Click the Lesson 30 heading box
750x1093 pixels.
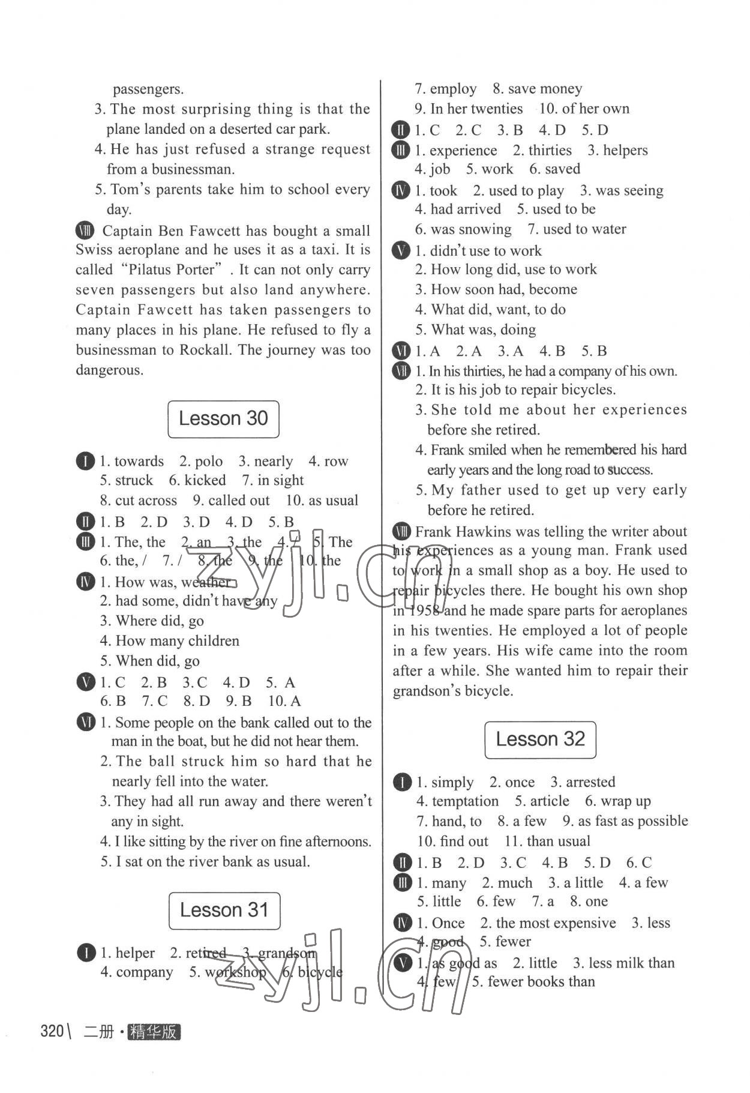[223, 419]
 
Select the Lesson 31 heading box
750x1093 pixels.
[224, 910]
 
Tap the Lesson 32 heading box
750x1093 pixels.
[540, 739]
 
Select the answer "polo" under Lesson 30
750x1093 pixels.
[209, 461]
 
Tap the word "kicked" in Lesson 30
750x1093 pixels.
[205, 480]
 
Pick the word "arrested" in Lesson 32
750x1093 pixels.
[590, 782]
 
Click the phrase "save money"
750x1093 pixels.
[545, 89]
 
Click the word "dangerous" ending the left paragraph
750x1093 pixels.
[109, 370]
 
